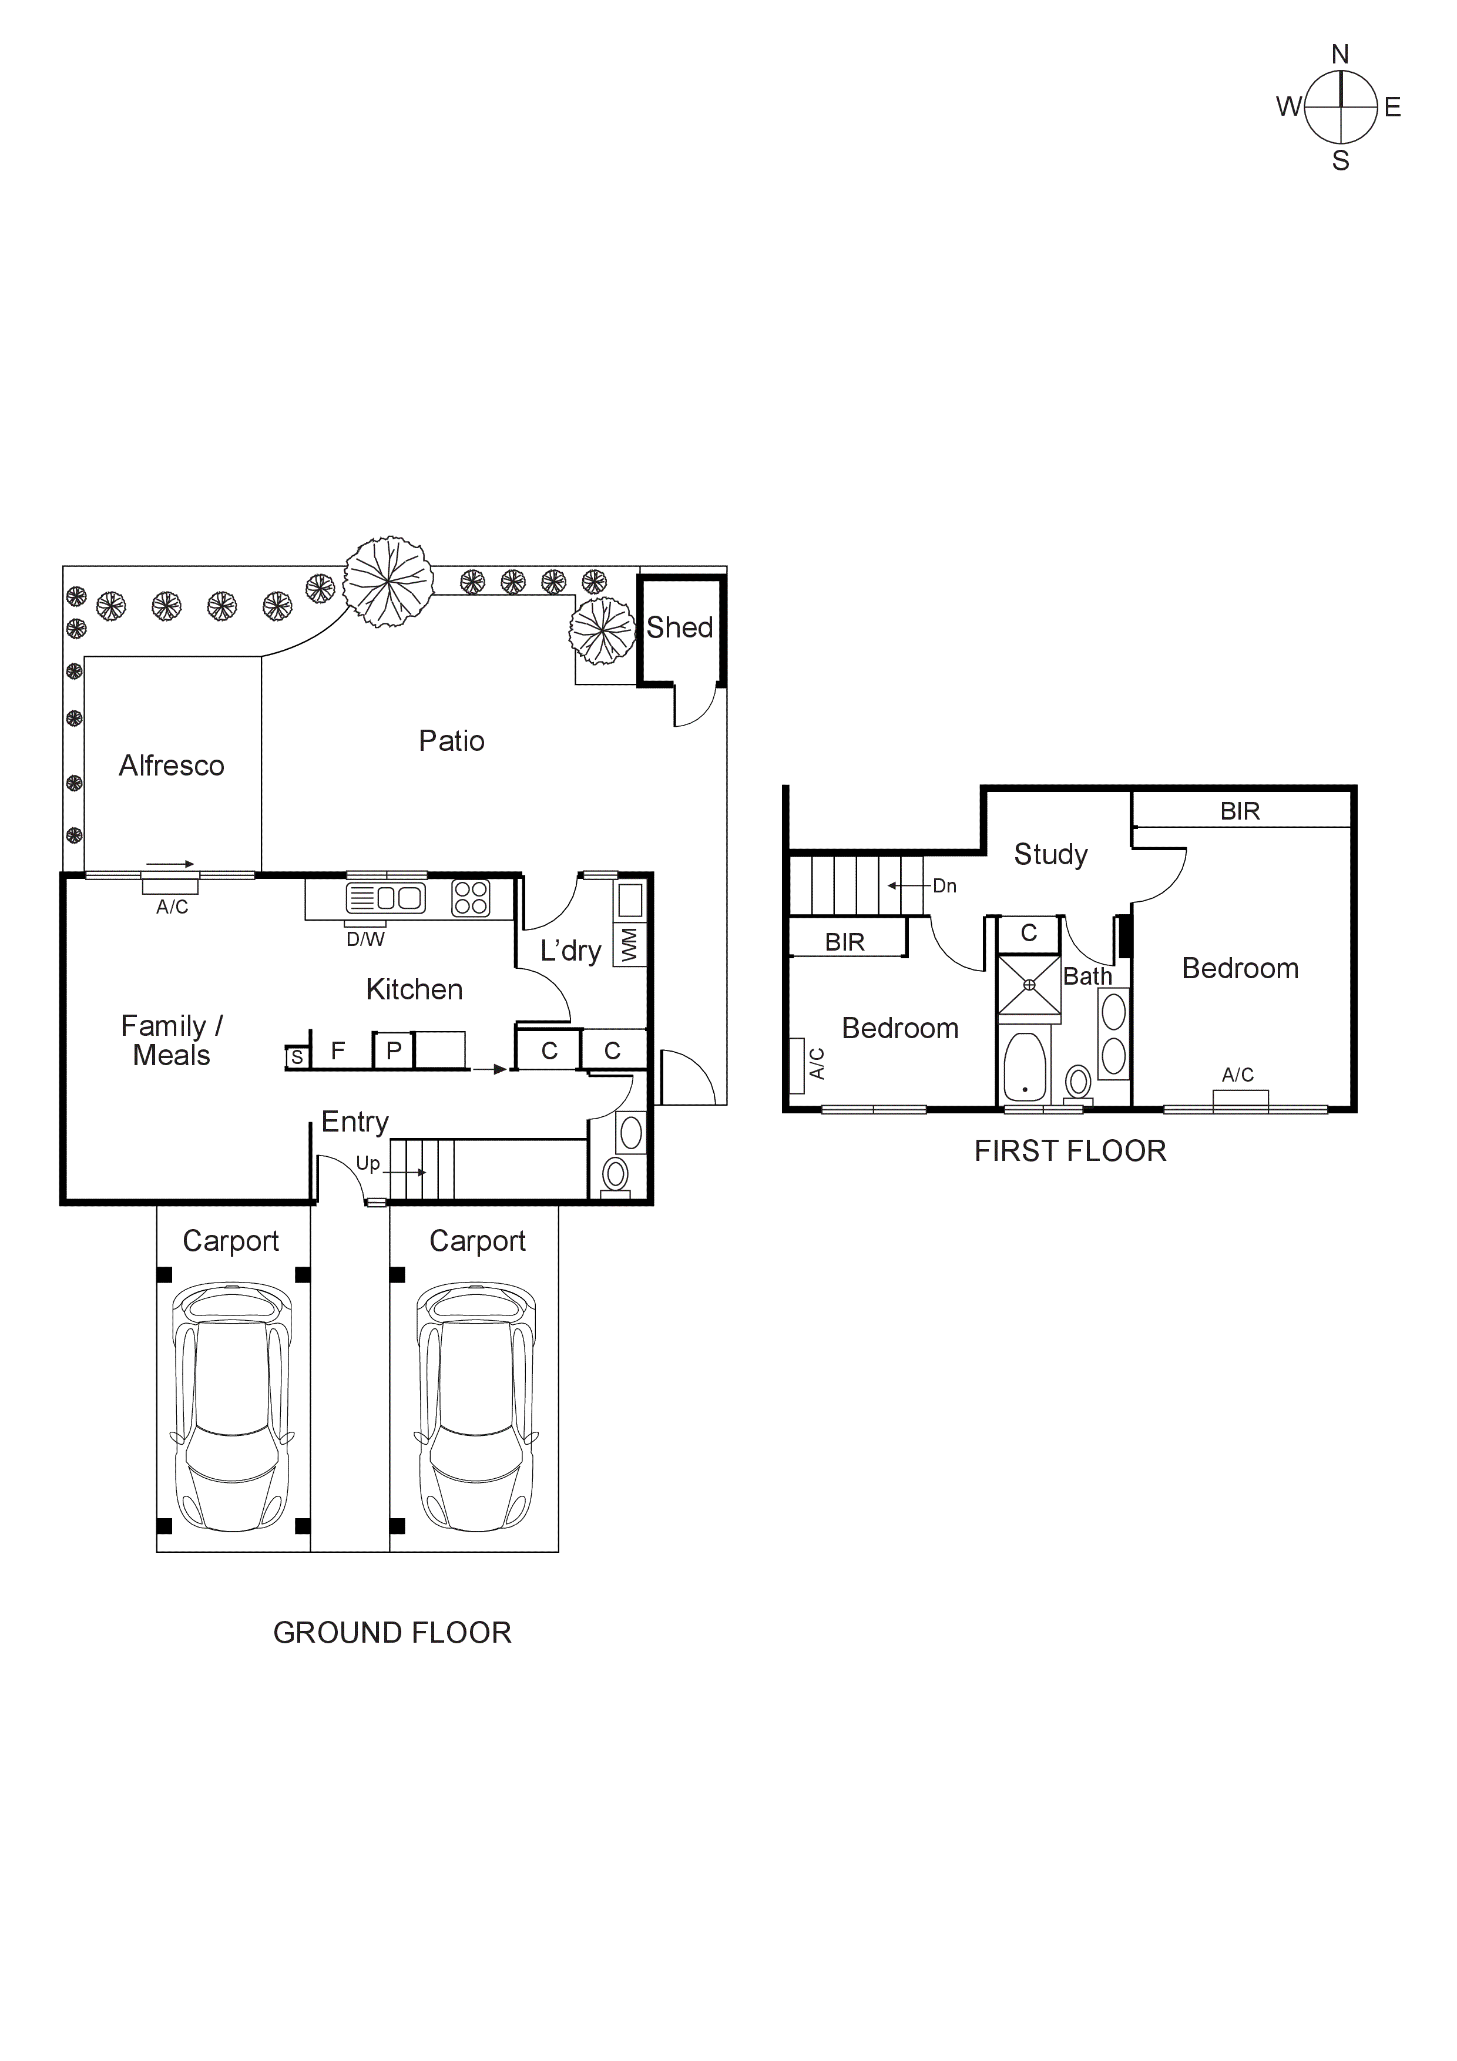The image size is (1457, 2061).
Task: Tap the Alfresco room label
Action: click(x=172, y=766)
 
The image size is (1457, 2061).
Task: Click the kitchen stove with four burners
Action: click(x=471, y=898)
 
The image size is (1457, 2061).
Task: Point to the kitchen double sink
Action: click(x=386, y=898)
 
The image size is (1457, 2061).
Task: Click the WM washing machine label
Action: click(x=629, y=944)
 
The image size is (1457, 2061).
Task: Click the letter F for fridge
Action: click(x=338, y=1050)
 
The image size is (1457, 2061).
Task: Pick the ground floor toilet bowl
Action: click(x=616, y=1173)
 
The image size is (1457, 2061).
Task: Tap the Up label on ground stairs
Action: click(x=368, y=1163)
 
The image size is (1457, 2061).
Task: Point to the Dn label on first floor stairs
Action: click(x=944, y=886)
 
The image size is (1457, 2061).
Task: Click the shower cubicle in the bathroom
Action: click(x=1029, y=985)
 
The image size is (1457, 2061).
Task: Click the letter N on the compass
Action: click(x=1340, y=55)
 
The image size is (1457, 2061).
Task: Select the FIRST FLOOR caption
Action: click(x=1070, y=1151)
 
